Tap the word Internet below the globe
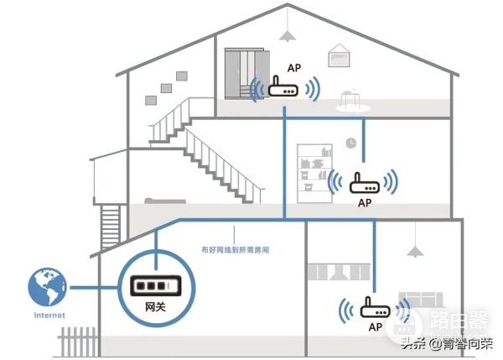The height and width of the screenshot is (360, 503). (48, 316)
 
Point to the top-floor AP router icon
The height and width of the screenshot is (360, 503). (283, 90)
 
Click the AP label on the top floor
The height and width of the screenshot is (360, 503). (293, 69)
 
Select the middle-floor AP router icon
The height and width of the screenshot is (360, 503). (363, 182)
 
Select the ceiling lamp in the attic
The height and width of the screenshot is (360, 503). (288, 34)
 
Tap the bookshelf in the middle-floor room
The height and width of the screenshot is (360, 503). (314, 164)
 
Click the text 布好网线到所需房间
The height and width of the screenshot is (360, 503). (236, 250)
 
